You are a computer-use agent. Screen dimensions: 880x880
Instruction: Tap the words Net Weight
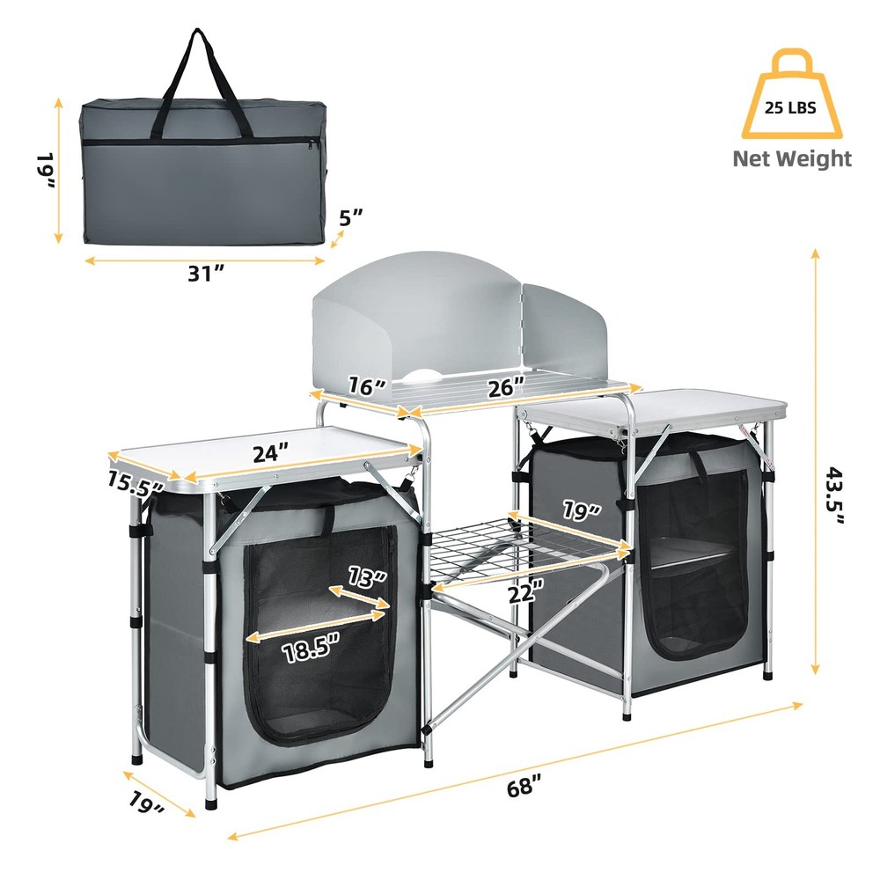793,158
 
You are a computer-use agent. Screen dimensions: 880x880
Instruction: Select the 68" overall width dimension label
521,787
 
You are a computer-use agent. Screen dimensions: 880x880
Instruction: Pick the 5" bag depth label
351,218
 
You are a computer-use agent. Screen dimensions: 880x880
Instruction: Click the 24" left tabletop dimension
271,453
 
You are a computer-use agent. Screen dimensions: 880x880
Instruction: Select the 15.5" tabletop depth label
134,486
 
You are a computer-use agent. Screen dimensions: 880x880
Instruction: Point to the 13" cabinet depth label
367,578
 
